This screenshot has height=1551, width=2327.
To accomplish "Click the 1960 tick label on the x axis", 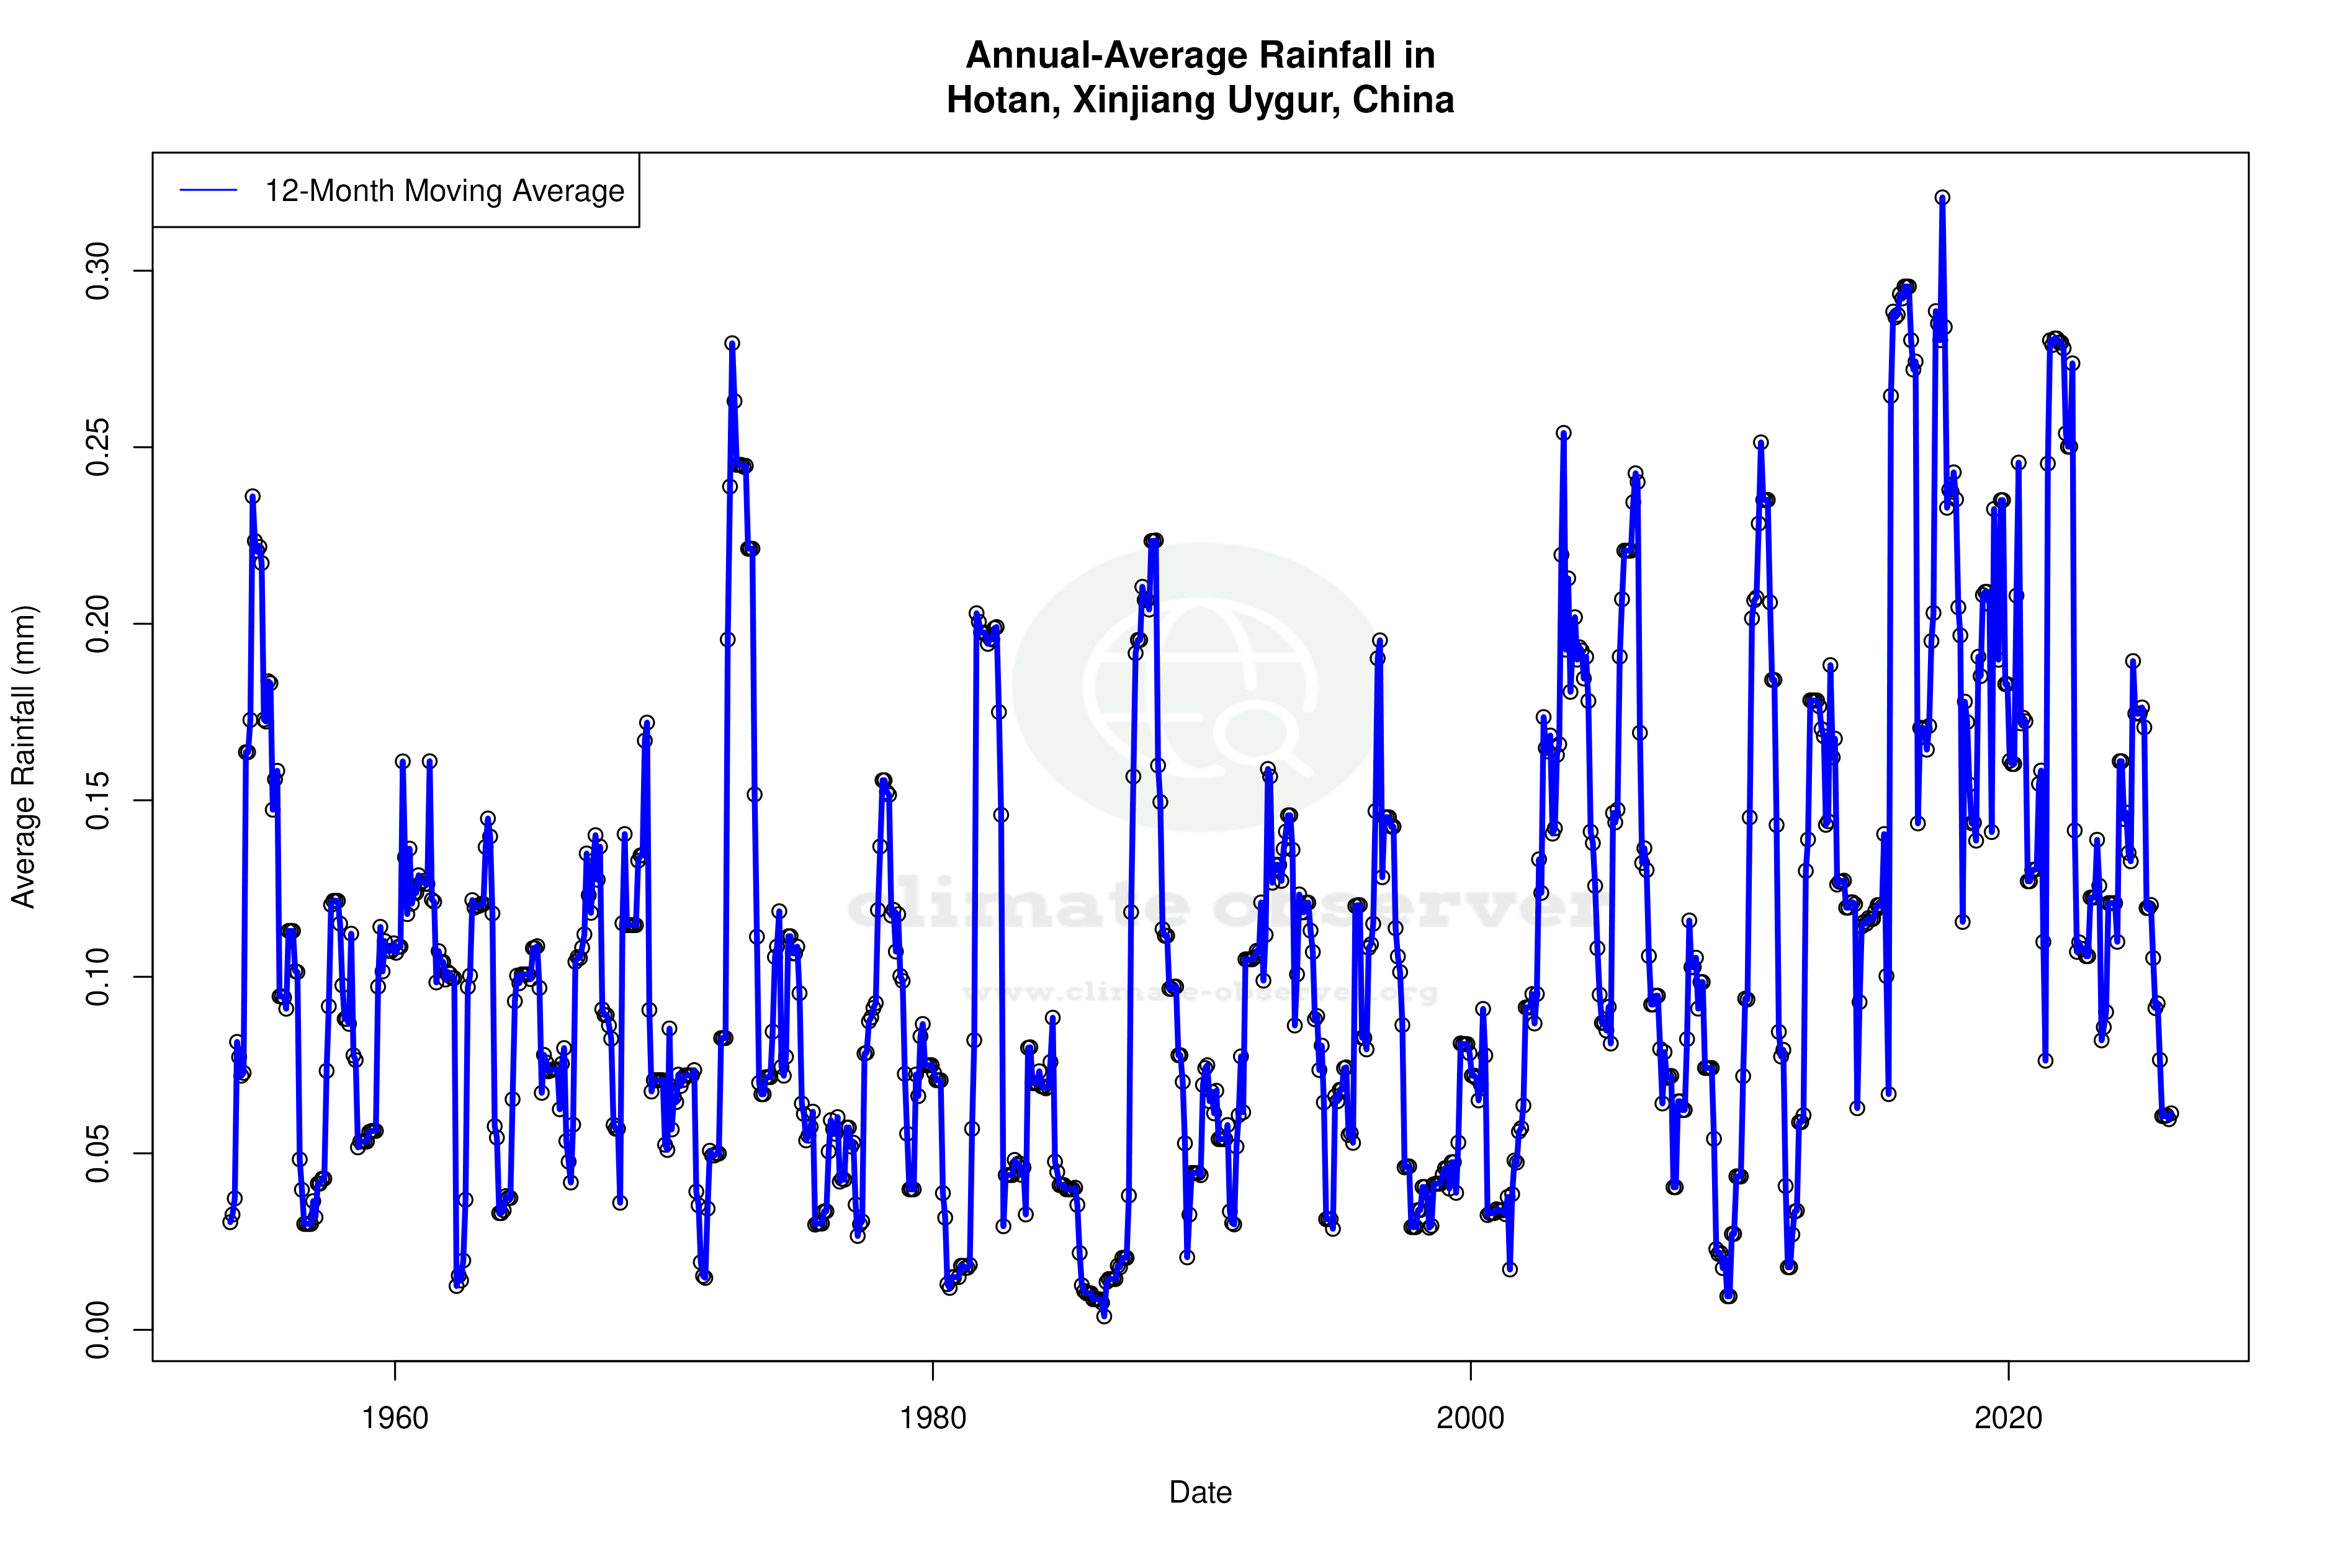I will tap(395, 1418).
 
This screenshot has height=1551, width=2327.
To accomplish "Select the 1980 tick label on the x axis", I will tap(932, 1418).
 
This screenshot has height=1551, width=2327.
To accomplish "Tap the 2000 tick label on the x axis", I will tap(1470, 1418).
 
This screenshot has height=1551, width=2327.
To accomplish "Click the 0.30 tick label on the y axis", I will tap(99, 271).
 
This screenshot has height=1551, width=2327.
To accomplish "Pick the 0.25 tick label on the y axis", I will tap(99, 447).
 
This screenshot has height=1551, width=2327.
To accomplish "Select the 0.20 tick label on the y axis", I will tap(99, 624).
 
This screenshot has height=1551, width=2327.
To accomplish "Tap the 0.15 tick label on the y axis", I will tap(99, 800).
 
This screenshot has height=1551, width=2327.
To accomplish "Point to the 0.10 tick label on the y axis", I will tap(99, 977).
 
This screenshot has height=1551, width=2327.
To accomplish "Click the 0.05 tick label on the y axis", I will tap(99, 1153).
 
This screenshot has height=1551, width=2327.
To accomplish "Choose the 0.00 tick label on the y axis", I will tap(99, 1330).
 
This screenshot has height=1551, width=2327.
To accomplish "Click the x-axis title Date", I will tap(1200, 1493).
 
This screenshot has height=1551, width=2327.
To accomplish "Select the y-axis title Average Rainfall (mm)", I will tap(24, 757).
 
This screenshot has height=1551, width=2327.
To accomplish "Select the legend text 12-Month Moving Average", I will tap(444, 191).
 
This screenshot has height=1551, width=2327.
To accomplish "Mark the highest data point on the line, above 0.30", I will tap(1942, 198).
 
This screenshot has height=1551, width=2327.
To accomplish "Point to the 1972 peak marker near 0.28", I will tap(732, 343).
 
